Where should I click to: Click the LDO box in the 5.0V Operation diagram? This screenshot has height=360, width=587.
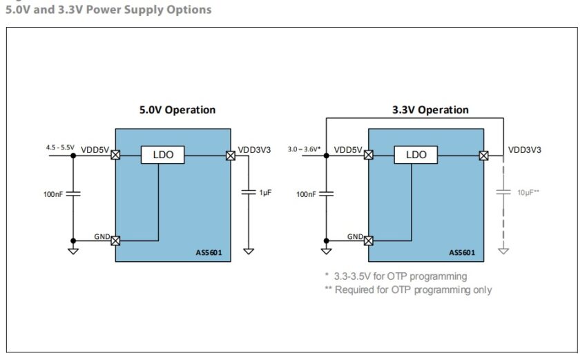click(x=163, y=155)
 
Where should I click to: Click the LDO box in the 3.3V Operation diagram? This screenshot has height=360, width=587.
click(x=416, y=155)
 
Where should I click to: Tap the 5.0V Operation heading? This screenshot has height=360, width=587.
click(x=177, y=110)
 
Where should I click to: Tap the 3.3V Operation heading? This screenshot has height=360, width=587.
click(x=430, y=110)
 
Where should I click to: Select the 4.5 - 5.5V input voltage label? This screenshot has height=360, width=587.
click(x=60, y=147)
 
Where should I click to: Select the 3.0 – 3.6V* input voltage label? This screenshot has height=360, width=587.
click(x=304, y=149)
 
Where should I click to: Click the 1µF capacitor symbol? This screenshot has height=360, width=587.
click(x=249, y=192)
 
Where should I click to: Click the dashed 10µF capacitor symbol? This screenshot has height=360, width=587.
click(x=503, y=192)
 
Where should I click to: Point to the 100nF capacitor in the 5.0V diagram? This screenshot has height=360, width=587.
click(x=73, y=193)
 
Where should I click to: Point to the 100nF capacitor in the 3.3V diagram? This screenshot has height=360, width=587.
click(x=327, y=193)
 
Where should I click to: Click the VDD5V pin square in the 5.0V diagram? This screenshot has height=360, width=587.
click(x=115, y=155)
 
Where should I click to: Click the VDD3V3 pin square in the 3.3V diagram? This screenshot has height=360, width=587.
click(x=483, y=155)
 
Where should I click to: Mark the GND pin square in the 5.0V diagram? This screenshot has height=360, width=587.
click(x=115, y=240)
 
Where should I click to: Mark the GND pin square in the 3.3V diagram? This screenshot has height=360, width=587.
click(x=368, y=240)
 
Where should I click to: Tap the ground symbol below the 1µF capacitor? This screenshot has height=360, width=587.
click(x=249, y=251)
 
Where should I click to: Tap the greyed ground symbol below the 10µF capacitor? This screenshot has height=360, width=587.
click(x=503, y=251)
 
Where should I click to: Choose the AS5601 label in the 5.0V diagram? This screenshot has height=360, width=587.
click(x=209, y=252)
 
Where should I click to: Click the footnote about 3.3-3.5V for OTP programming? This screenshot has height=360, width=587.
click(x=396, y=276)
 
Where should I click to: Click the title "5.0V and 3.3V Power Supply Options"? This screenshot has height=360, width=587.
click(x=108, y=10)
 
